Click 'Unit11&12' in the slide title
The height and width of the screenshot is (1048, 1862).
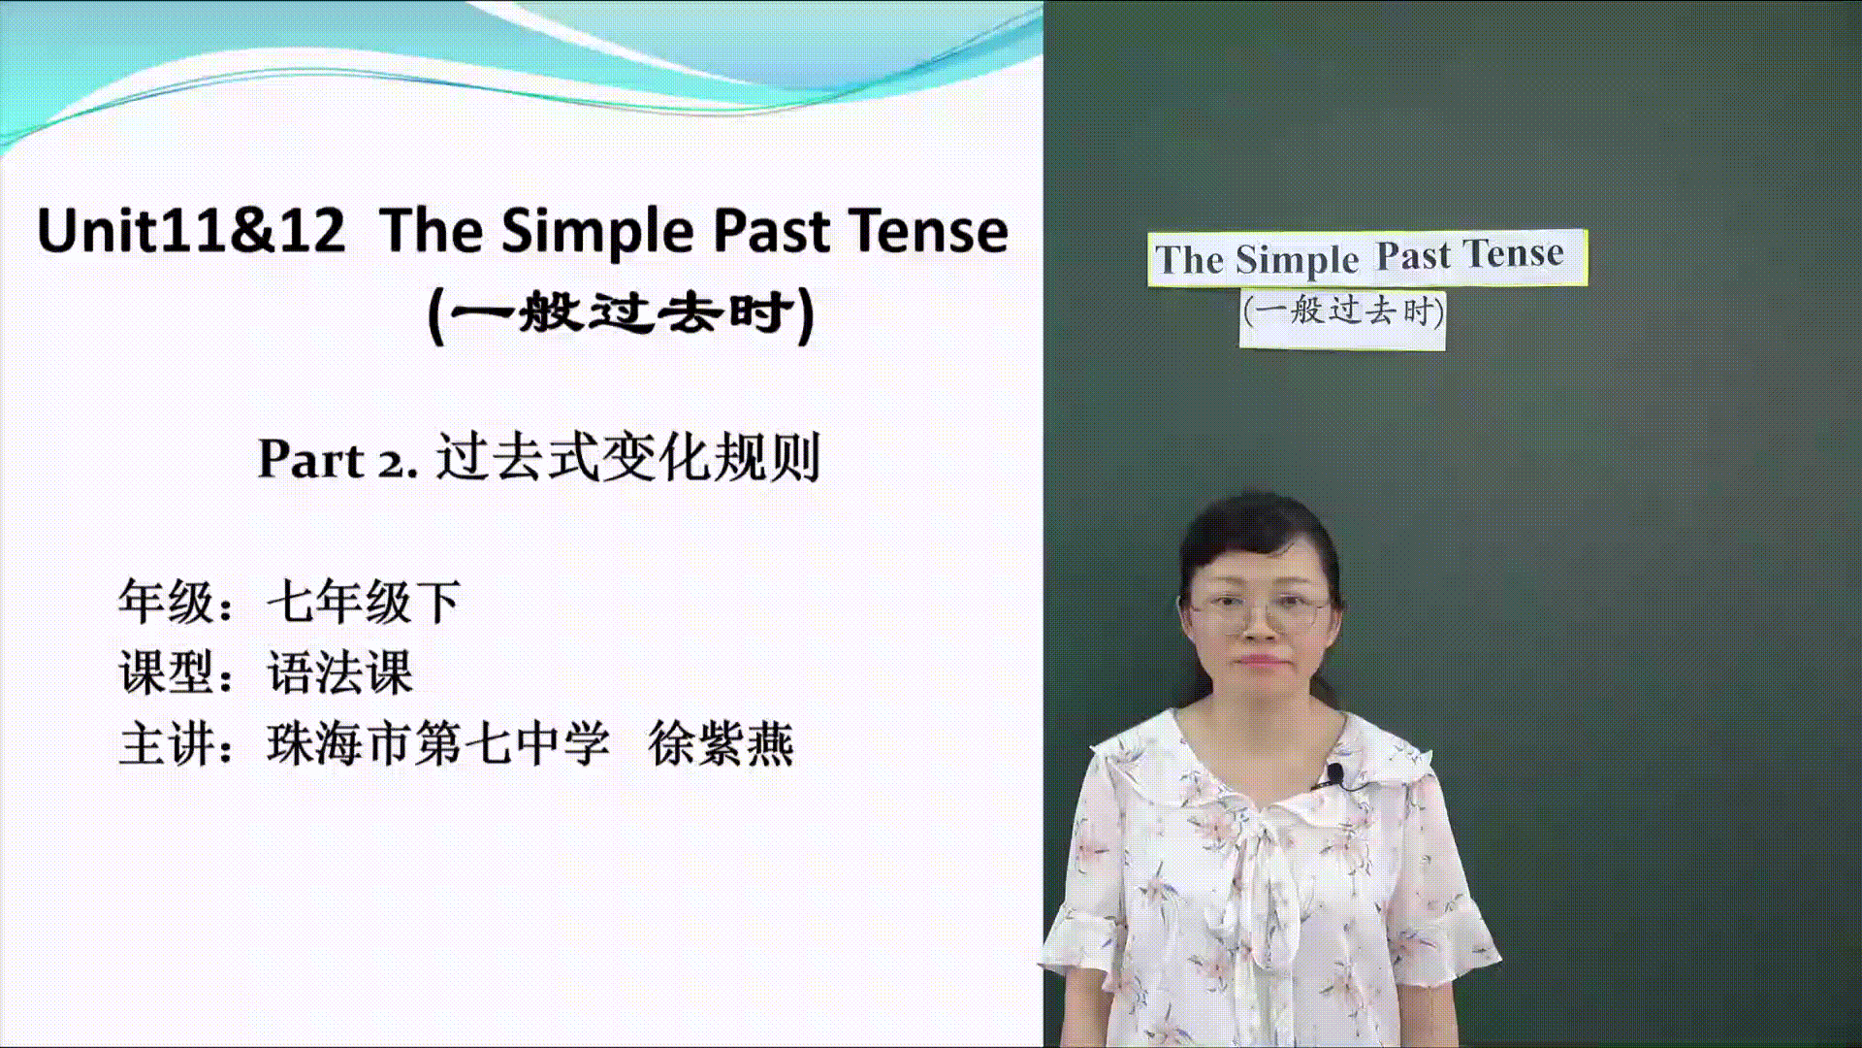click(191, 231)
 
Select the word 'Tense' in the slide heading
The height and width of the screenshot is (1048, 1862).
click(928, 231)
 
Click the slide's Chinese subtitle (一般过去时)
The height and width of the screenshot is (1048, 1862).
click(622, 313)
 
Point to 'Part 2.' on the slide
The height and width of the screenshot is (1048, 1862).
click(337, 459)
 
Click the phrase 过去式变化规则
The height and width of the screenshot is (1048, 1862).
click(628, 457)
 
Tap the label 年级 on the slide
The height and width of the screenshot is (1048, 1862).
click(166, 602)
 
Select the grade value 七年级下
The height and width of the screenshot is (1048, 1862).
click(364, 602)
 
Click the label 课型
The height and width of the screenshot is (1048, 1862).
click(166, 672)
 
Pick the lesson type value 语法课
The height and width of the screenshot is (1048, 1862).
click(339, 672)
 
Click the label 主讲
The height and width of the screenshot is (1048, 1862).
click(166, 744)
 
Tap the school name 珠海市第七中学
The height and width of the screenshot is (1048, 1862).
click(438, 744)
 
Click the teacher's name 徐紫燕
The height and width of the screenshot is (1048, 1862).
click(722, 744)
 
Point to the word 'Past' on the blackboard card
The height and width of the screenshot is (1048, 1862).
click(1414, 256)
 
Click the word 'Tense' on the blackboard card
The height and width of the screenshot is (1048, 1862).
click(1514, 253)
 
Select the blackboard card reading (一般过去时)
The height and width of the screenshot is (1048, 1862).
click(1343, 317)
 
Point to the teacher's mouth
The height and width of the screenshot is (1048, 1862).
click(1259, 661)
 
